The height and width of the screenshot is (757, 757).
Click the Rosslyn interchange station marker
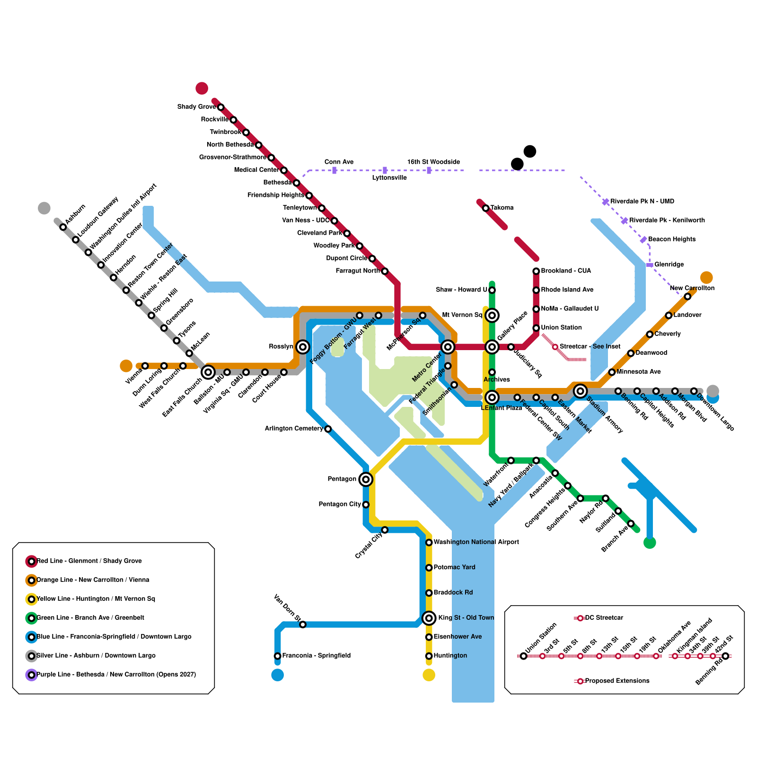click(303, 347)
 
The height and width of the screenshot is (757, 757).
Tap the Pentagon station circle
click(366, 479)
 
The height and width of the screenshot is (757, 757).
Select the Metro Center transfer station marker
click(448, 347)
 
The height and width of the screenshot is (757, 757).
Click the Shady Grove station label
click(196, 107)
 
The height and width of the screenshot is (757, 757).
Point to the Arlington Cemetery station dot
click(328, 429)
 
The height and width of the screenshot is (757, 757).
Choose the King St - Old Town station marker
click(429, 618)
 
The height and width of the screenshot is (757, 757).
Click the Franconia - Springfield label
click(316, 656)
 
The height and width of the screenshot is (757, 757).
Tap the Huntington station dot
click(429, 656)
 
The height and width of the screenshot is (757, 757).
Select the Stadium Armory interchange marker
click(580, 391)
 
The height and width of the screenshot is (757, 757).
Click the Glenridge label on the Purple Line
click(669, 264)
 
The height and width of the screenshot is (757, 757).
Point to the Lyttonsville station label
click(389, 178)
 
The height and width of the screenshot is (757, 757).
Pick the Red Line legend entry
click(89, 561)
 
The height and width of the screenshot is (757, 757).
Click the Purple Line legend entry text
click(116, 675)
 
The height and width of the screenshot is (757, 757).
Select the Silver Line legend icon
click(31, 656)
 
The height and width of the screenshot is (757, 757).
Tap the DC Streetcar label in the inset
click(604, 618)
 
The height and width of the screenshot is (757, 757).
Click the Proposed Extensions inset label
click(617, 681)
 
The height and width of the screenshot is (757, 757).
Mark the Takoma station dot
click(485, 208)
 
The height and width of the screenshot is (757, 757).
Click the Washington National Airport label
click(476, 542)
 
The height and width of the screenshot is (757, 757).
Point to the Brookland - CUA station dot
click(536, 271)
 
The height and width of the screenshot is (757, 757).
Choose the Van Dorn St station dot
click(303, 625)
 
